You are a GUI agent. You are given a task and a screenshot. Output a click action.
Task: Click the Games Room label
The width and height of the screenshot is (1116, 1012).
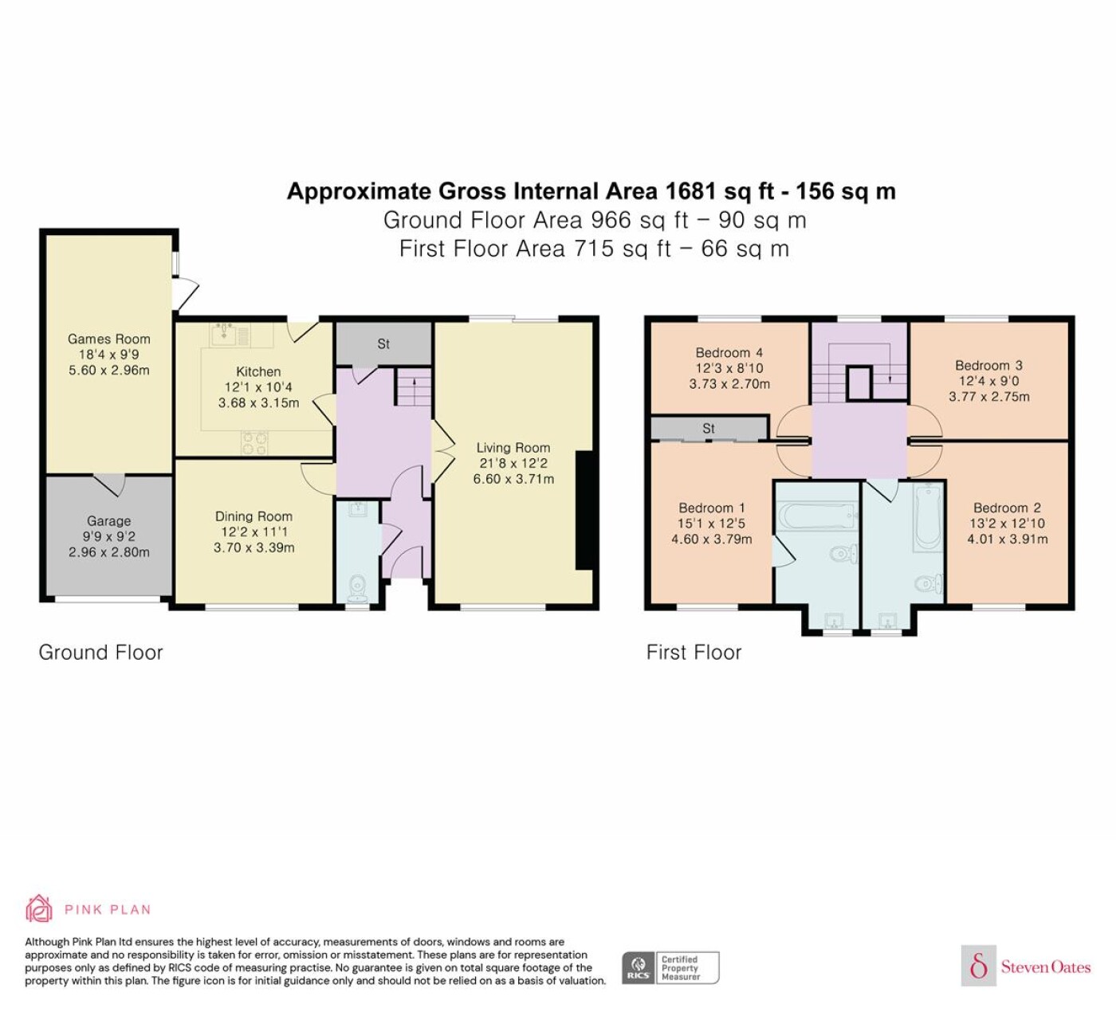click(x=109, y=339)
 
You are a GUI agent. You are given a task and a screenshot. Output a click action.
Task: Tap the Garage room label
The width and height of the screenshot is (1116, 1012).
click(x=109, y=521)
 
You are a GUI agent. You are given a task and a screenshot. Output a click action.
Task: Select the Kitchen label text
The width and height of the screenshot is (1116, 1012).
click(x=258, y=371)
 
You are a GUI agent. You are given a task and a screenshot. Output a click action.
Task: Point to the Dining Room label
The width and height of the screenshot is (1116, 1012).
click(x=253, y=516)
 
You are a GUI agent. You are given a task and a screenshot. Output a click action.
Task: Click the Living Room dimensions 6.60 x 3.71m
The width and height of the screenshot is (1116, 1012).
click(x=513, y=479)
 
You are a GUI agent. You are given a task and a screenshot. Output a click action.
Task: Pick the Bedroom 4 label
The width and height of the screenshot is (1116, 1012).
click(x=729, y=353)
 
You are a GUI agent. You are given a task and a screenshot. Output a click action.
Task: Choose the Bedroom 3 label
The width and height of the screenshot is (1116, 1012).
click(x=988, y=366)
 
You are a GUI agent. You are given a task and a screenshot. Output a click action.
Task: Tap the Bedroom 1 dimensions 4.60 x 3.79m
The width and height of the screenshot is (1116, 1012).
click(x=712, y=539)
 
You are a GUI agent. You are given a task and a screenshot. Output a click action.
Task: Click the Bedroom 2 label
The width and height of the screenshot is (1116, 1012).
click(x=1007, y=508)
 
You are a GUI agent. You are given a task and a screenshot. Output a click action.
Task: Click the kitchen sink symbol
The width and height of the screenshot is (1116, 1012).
click(x=224, y=335)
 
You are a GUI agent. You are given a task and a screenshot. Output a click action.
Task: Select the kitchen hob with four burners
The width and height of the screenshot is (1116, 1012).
click(x=254, y=443)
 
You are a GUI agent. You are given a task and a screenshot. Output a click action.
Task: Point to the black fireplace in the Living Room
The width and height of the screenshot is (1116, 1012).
click(x=584, y=510)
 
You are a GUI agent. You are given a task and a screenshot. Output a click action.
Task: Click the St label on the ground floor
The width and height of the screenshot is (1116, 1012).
click(x=383, y=343)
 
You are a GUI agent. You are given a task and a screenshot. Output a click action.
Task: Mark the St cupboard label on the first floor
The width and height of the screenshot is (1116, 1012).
click(x=708, y=429)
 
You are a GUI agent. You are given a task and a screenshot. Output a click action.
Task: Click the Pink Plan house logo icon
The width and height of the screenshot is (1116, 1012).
click(x=39, y=909)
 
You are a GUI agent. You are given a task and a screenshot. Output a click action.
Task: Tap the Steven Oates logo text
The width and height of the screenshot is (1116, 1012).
click(x=1046, y=967)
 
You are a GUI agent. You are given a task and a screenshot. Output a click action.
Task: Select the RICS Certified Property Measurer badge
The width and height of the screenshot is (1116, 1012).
click(x=670, y=968)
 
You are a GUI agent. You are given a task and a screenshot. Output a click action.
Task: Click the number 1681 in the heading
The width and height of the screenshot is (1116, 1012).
click(x=690, y=191)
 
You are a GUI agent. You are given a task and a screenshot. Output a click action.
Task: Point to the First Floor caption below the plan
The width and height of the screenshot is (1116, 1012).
click(x=694, y=652)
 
